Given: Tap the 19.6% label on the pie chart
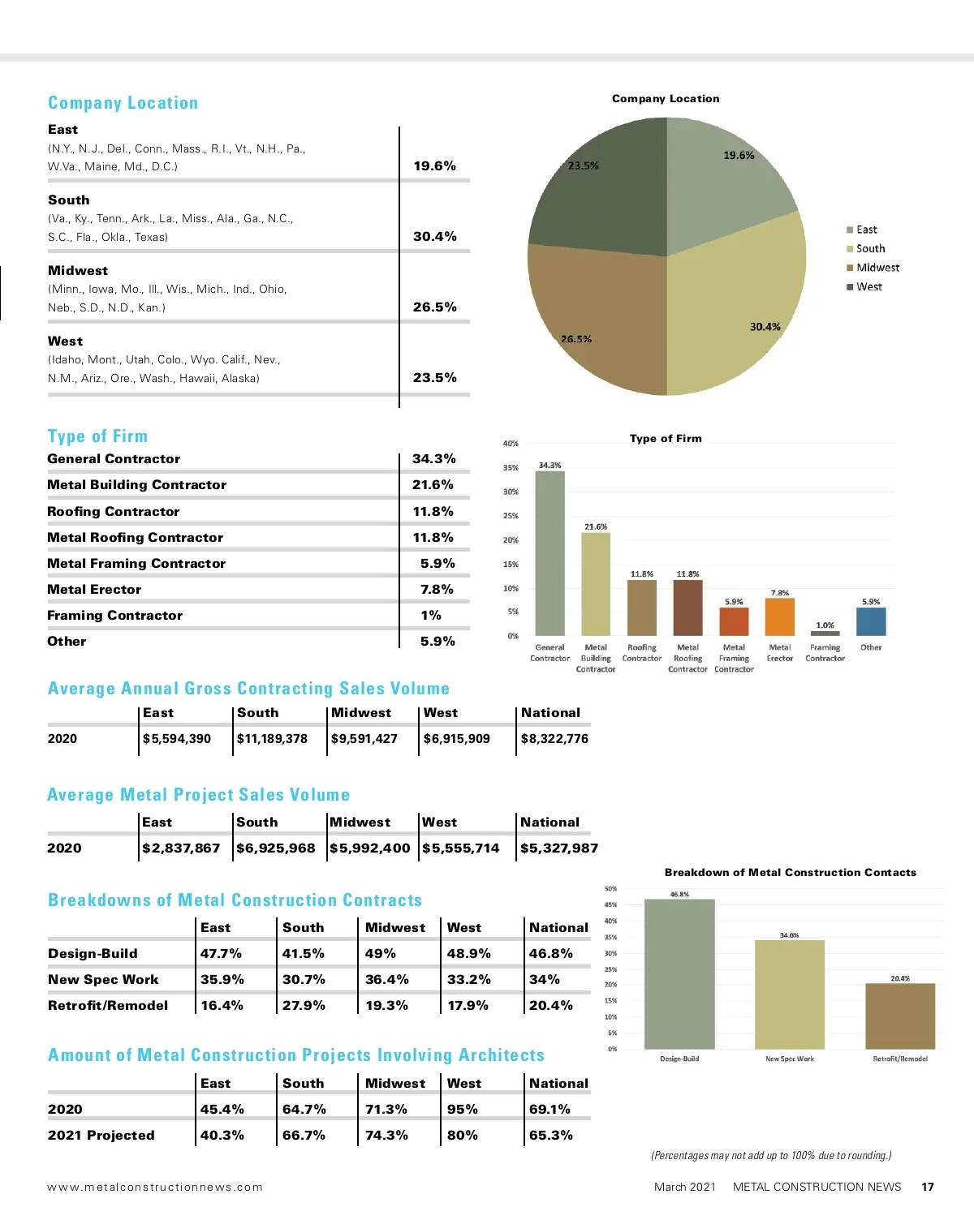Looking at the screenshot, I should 739,155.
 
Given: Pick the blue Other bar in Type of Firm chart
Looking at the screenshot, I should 871,621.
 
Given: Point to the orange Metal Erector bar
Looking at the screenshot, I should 779,617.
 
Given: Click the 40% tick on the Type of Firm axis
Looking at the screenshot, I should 511,444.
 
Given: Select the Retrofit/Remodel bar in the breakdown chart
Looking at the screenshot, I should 900,1016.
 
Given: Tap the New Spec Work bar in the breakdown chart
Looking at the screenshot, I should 789,994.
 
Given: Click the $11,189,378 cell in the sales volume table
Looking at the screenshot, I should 272,739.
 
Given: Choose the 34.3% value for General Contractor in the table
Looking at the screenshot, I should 433,459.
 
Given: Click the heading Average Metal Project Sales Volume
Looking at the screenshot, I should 198,795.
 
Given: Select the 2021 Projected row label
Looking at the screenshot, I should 101,1136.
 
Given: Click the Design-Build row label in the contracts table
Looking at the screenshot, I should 93,954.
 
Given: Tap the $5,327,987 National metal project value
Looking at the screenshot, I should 558,848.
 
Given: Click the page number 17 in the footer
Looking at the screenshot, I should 928,1187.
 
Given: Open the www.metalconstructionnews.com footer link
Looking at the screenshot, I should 155,1187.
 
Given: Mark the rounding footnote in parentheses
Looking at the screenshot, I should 771,1155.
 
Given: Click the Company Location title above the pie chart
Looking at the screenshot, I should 666,99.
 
